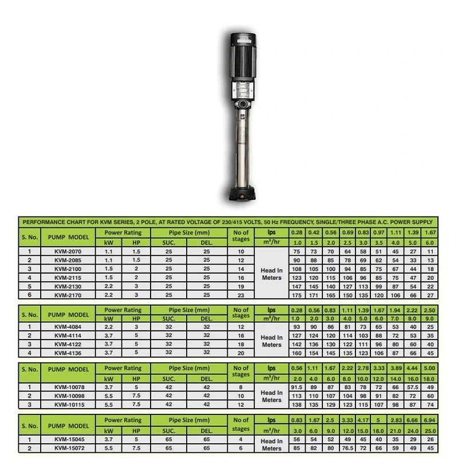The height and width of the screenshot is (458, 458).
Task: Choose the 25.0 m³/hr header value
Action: click(x=430, y=431)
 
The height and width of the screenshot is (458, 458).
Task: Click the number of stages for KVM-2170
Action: click(x=240, y=295)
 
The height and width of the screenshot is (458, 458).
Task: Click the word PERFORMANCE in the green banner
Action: click(x=45, y=221)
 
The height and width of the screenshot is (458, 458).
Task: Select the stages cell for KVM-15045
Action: click(x=240, y=439)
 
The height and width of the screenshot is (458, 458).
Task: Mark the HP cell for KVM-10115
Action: click(x=136, y=405)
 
